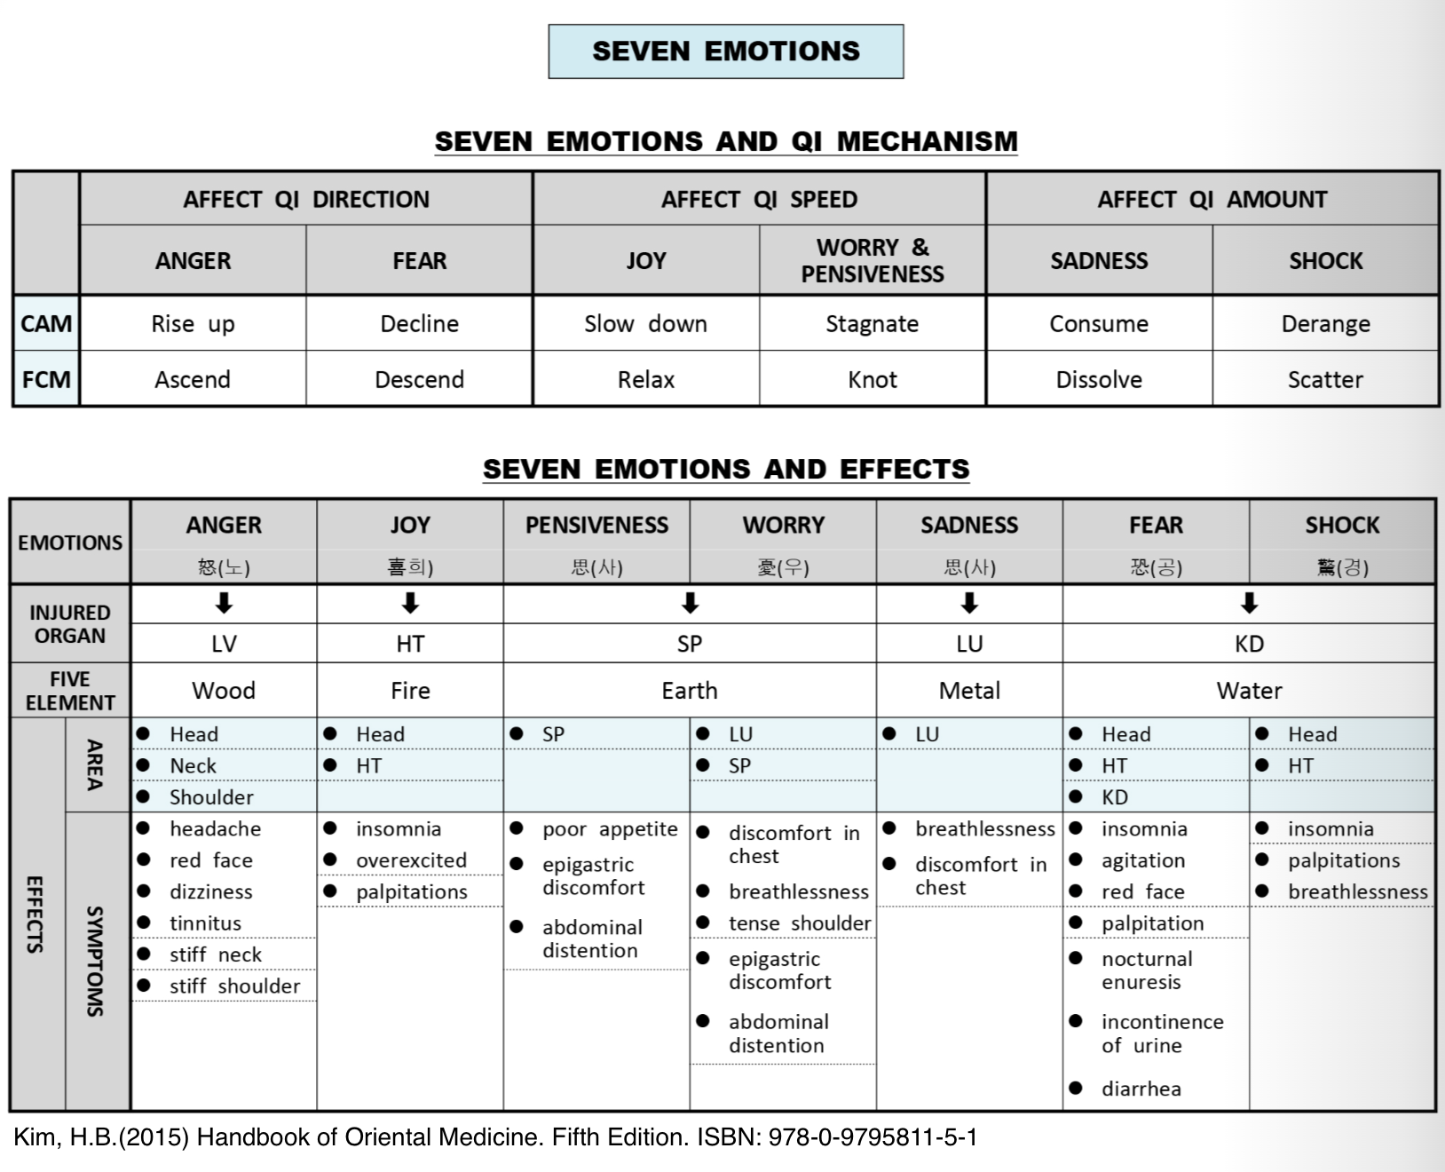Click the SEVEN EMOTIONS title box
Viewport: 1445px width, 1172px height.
point(725,51)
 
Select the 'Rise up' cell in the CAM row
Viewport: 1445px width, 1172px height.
point(193,324)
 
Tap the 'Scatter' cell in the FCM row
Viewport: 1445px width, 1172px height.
point(1325,380)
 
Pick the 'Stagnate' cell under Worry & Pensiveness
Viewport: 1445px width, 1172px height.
point(872,324)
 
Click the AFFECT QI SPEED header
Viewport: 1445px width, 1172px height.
point(759,200)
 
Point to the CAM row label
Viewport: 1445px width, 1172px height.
point(46,324)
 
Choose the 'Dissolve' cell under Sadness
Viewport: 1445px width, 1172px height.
point(1099,380)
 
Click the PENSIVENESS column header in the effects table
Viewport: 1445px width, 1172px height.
point(596,526)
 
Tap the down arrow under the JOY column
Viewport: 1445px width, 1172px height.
point(410,604)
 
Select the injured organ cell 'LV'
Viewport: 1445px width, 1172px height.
point(224,644)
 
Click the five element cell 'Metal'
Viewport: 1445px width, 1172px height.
point(969,691)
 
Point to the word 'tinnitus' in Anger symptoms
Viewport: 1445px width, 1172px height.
point(205,923)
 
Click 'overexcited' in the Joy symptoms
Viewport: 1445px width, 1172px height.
point(411,860)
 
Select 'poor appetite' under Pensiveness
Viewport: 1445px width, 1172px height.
point(610,829)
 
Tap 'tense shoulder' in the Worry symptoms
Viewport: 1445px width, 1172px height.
point(800,923)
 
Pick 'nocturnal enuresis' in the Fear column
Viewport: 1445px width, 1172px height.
point(1147,970)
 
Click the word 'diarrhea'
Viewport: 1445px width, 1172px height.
point(1141,1089)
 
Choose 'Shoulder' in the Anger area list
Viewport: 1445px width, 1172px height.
point(211,797)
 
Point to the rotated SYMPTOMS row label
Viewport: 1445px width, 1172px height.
point(95,961)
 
